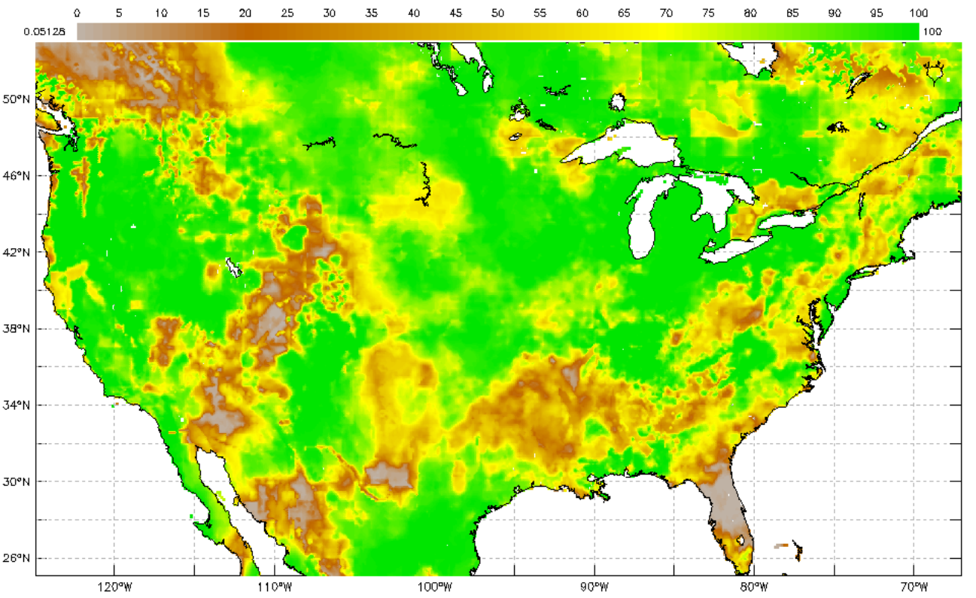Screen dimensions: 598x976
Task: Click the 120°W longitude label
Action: (x=114, y=587)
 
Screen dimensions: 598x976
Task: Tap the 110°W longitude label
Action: (x=274, y=587)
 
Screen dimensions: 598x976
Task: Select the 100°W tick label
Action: (x=434, y=587)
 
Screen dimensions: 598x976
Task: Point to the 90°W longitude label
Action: (x=594, y=587)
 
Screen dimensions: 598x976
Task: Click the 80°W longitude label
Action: (x=753, y=587)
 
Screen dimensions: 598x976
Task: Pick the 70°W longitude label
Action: (x=913, y=587)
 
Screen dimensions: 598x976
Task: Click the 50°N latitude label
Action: (x=17, y=99)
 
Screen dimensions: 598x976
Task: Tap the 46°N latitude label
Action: (x=17, y=176)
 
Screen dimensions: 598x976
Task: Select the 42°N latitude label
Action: (x=17, y=252)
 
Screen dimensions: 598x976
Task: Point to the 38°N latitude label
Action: (x=17, y=329)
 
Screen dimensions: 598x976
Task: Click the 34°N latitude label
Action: (x=17, y=405)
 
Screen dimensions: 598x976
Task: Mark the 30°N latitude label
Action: (x=17, y=481)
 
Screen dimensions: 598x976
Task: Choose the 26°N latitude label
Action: (x=17, y=558)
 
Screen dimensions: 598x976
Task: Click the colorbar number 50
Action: (x=497, y=13)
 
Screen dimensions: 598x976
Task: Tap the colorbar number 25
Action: (x=287, y=13)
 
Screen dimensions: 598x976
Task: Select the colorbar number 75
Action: (x=708, y=13)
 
